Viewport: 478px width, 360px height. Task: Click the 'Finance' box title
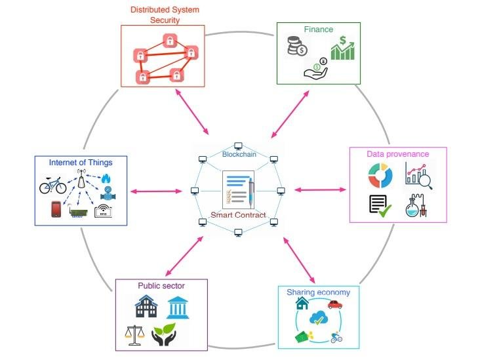pyautogui.click(x=319, y=30)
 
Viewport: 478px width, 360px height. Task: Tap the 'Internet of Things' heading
pyautogui.click(x=81, y=162)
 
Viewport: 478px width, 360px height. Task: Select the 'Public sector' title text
pyautogui.click(x=161, y=286)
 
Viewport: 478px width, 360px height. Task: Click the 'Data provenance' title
pyautogui.click(x=398, y=154)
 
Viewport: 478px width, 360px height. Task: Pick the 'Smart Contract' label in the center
pyautogui.click(x=237, y=215)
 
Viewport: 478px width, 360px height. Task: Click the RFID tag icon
pyautogui.click(x=104, y=211)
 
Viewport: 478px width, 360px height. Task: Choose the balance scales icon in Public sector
pyautogui.click(x=134, y=335)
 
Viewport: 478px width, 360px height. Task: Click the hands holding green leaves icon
pyautogui.click(x=164, y=335)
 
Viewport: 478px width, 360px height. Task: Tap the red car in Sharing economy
pyautogui.click(x=335, y=304)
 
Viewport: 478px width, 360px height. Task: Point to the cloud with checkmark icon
pyautogui.click(x=319, y=319)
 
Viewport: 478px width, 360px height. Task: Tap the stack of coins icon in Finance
pyautogui.click(x=296, y=46)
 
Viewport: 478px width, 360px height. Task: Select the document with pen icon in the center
pyautogui.click(x=238, y=189)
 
